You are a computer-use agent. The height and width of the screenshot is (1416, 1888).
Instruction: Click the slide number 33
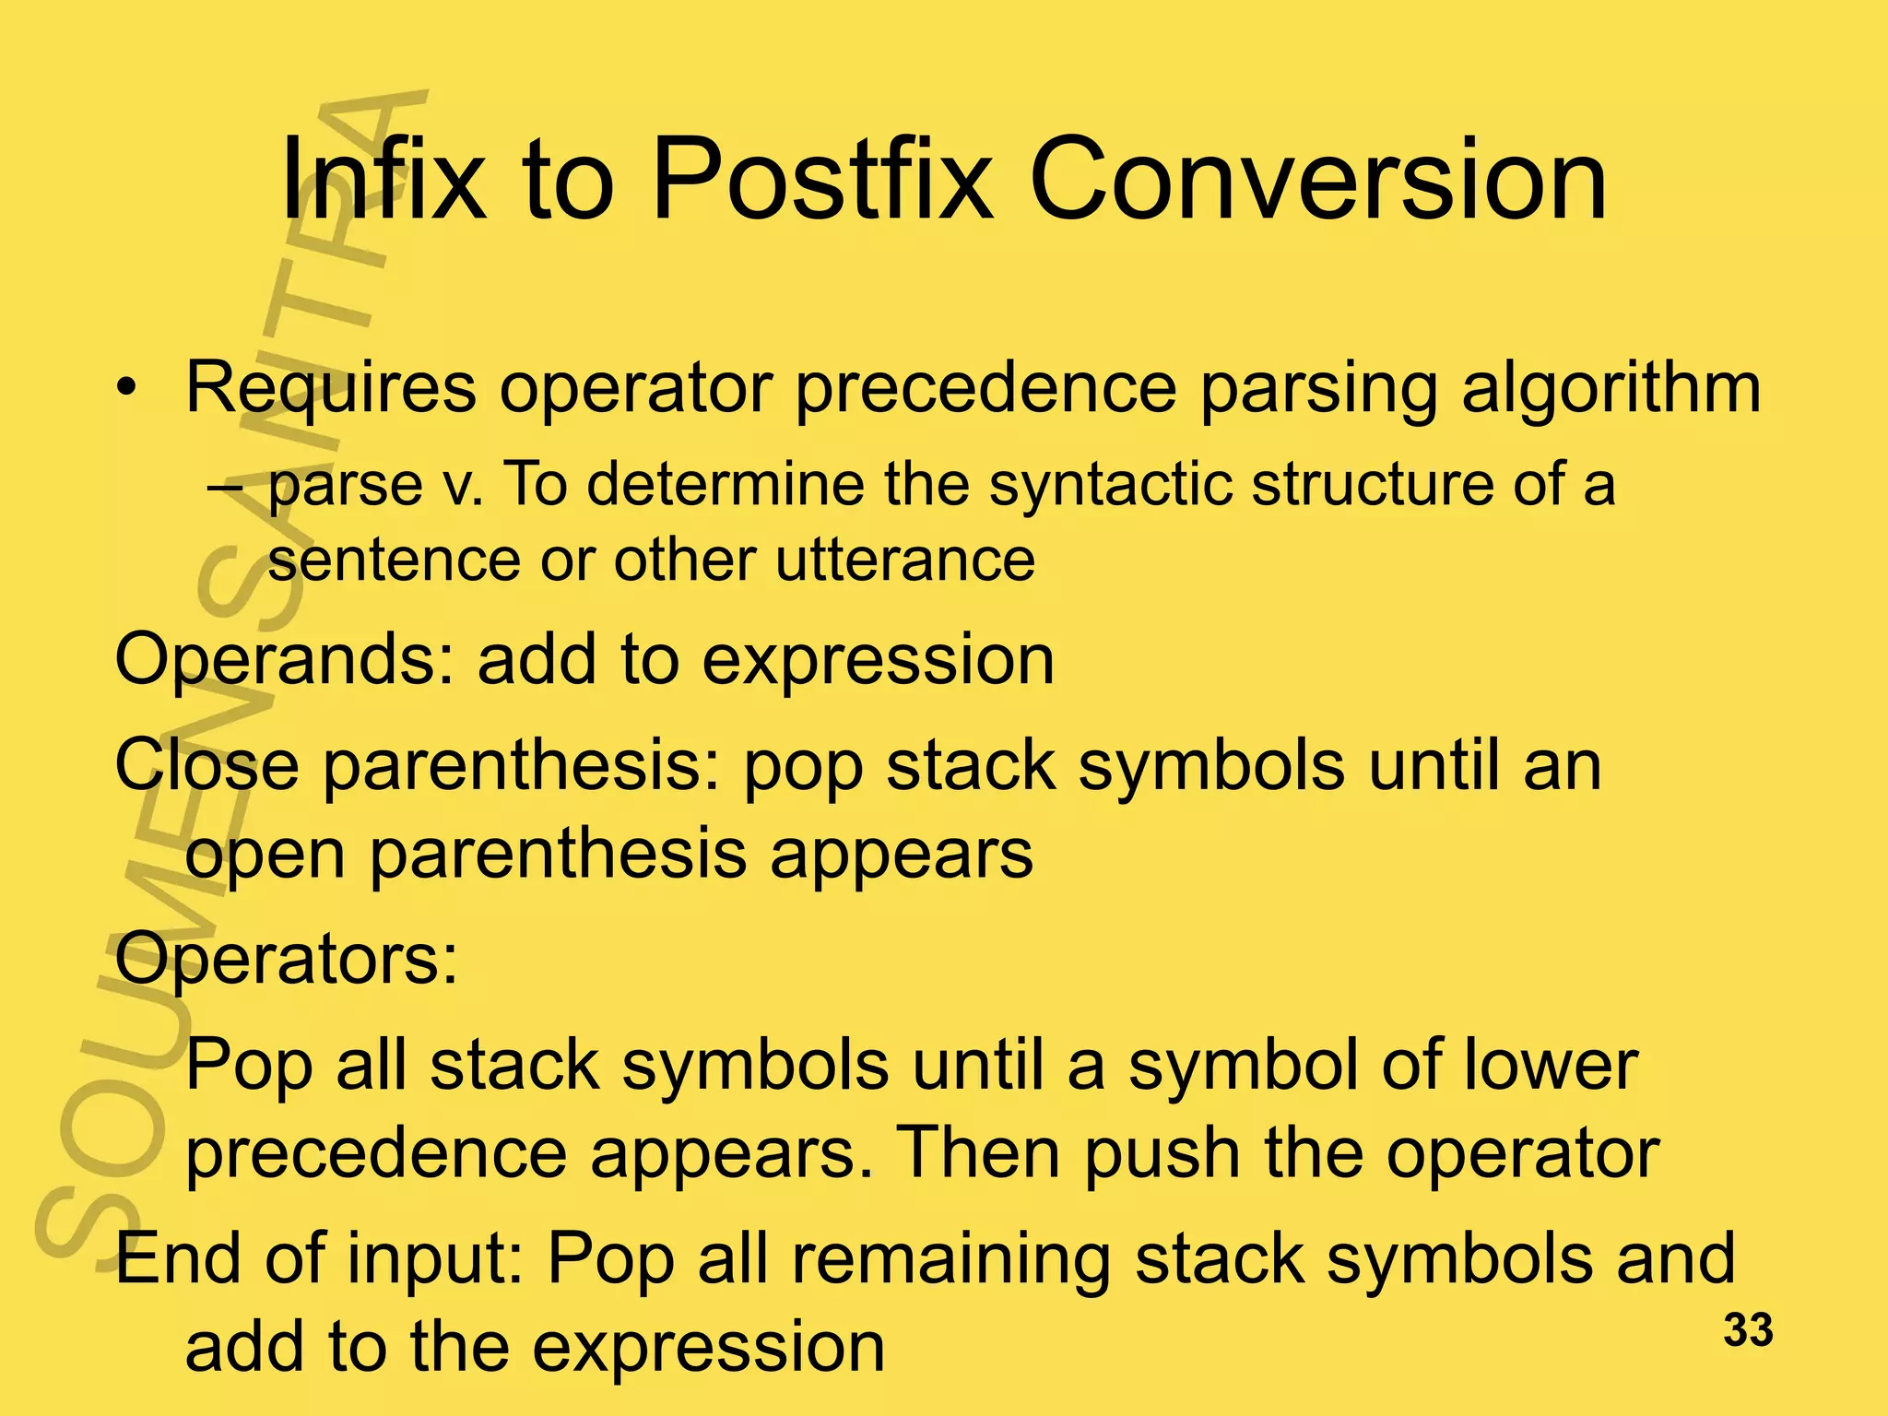pos(1748,1330)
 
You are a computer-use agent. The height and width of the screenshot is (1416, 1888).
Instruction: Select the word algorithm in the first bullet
pos(1611,387)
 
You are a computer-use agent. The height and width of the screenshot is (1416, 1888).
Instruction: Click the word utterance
pos(904,560)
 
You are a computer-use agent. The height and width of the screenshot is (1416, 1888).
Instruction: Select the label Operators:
pos(286,959)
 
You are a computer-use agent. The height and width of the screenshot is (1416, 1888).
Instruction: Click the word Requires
pos(331,387)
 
